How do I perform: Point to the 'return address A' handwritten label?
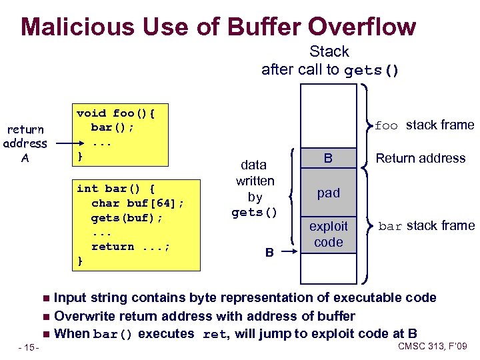[x=25, y=143]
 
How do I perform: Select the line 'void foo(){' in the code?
[x=120, y=113]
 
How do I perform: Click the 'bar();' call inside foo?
[x=112, y=127]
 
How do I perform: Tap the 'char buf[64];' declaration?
[x=137, y=203]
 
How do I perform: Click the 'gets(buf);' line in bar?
[x=127, y=218]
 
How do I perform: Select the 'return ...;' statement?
[x=131, y=247]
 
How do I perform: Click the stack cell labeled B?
[x=328, y=158]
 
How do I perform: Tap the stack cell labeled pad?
[x=328, y=193]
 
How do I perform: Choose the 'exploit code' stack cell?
[x=328, y=234]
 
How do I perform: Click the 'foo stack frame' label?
[x=424, y=125]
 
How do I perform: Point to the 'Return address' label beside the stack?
[x=420, y=158]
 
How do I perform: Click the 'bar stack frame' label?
[x=427, y=226]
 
